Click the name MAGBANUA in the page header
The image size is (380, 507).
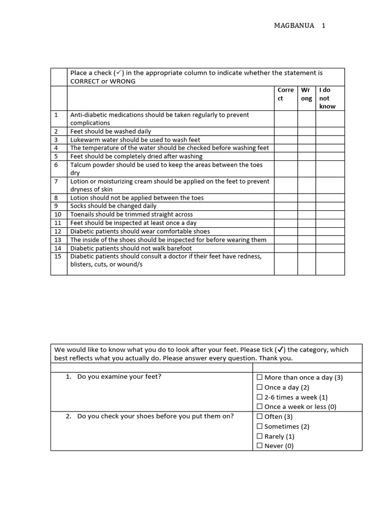(x=294, y=26)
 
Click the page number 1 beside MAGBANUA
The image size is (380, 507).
(x=323, y=26)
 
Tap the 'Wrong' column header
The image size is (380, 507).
(x=306, y=94)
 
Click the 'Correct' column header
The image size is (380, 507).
(x=285, y=94)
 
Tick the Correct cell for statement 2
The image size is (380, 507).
(x=285, y=131)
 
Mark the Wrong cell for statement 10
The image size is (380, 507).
(x=306, y=214)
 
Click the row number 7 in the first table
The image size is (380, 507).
(x=56, y=182)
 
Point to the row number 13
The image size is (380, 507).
(x=58, y=240)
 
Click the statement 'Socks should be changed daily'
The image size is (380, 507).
(x=113, y=206)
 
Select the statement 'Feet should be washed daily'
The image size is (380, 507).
(x=111, y=131)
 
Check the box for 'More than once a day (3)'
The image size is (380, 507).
(x=260, y=378)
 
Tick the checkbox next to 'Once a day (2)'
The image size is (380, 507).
(x=260, y=388)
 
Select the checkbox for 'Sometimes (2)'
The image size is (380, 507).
(x=260, y=427)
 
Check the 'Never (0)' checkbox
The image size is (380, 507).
(x=260, y=446)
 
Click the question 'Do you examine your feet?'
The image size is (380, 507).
(x=119, y=377)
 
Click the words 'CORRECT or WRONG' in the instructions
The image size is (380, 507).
(x=103, y=81)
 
